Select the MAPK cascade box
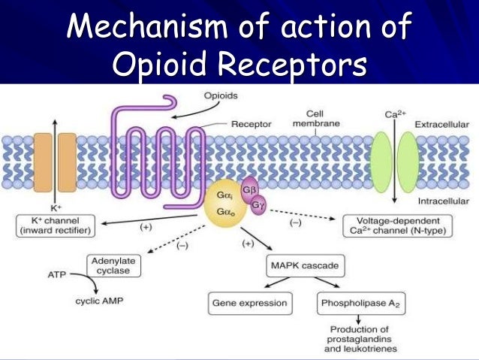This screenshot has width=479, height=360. tap(299, 265)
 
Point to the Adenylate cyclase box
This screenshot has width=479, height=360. tap(113, 265)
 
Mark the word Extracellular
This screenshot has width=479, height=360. tap(443, 123)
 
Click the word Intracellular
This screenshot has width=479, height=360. tap(443, 201)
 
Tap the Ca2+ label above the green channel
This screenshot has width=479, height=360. tap(395, 115)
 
